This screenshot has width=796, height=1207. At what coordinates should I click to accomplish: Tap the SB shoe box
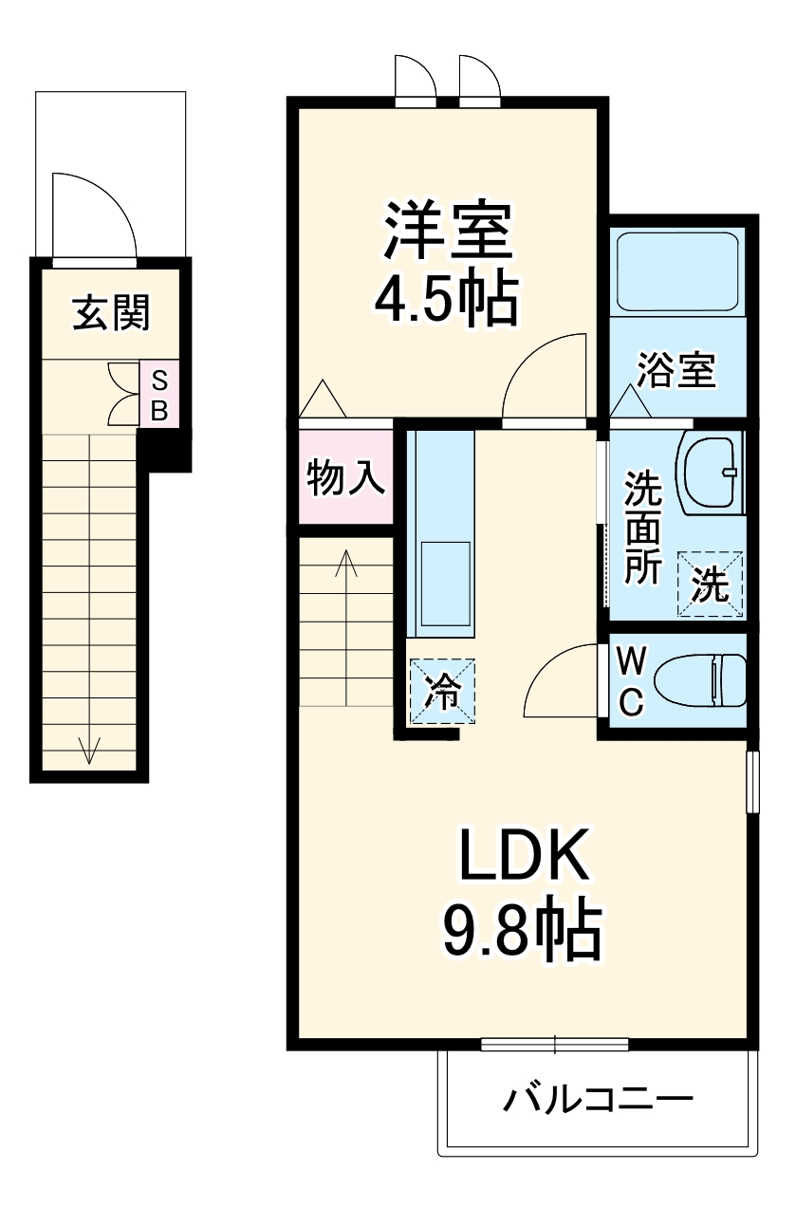coord(159,395)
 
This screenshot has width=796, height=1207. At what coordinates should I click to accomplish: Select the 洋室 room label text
coord(448,232)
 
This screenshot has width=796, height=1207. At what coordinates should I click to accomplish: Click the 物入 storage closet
coord(346,476)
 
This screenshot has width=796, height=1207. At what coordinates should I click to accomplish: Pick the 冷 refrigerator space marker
coord(442,691)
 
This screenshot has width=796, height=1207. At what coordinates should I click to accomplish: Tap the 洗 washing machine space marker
coord(711,584)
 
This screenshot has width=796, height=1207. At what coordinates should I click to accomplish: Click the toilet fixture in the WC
coord(700,680)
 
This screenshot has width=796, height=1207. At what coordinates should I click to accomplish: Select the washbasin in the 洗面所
coord(711,472)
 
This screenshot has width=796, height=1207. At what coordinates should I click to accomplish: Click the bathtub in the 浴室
coord(677,271)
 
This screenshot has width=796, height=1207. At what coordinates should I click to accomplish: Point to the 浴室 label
coord(676,370)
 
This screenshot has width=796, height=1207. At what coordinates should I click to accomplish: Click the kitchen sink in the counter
coord(446,584)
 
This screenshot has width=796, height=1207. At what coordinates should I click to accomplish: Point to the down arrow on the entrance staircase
coord(89,750)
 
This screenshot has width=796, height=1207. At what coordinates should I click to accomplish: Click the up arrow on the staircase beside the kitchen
coord(346,563)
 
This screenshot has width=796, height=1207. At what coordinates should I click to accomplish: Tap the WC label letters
coord(631,682)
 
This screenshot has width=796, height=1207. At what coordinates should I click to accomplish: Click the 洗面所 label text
coord(642,527)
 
